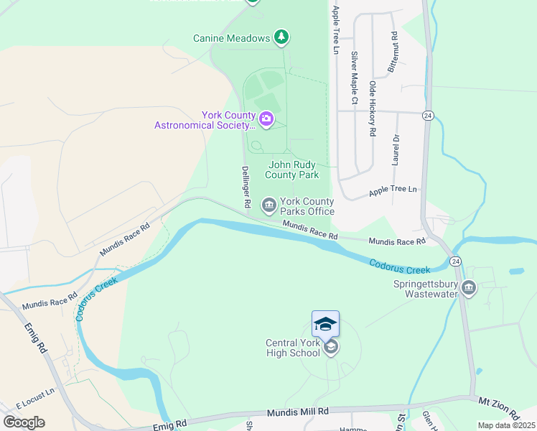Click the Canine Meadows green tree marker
(282, 37)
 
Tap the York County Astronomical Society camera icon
(266, 119)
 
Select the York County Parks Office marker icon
(269, 206)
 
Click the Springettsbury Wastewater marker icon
(469, 288)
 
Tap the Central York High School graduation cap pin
(325, 324)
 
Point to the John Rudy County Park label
(292, 170)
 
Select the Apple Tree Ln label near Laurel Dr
(393, 190)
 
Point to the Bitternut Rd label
(393, 51)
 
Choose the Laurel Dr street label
(395, 149)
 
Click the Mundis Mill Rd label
(297, 412)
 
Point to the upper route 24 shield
(428, 115)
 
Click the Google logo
(24, 422)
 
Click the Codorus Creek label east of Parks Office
(400, 266)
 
